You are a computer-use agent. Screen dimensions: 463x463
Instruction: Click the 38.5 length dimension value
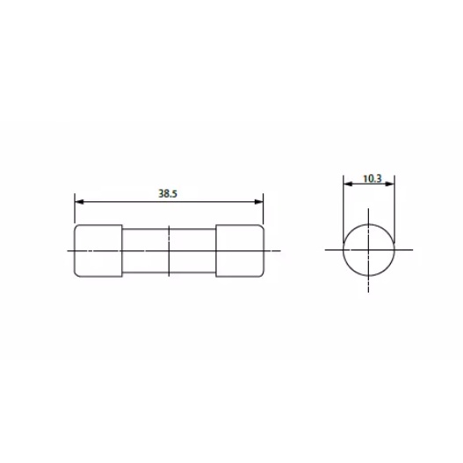pos(168,193)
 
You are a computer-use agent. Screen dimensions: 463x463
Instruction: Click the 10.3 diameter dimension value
pos(372,178)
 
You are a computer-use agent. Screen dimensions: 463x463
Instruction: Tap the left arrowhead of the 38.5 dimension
pos(79,202)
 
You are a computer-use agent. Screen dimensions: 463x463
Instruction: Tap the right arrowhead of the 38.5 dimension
pos(258,202)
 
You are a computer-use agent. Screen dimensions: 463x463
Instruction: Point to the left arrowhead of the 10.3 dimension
pos(348,184)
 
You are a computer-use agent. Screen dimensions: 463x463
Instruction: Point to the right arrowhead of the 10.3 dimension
pos(390,184)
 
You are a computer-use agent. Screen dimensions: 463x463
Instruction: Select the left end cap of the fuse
pos(98,250)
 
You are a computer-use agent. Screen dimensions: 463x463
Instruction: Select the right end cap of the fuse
pos(240,250)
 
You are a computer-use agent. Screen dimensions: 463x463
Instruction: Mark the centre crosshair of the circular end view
pos(368,250)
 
